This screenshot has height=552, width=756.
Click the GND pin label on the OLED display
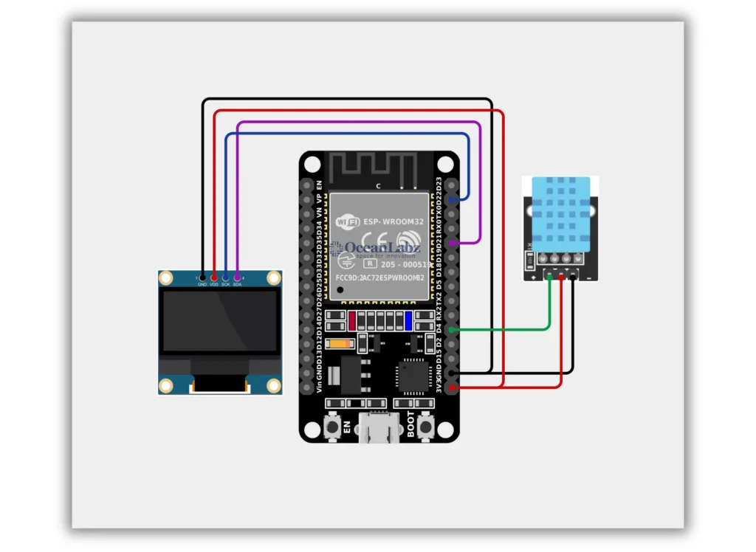(202, 284)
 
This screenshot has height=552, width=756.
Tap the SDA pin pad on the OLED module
(237, 277)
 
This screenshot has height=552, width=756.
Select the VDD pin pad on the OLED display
(214, 277)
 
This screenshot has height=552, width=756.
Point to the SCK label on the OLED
(225, 284)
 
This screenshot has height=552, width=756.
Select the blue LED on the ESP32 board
(408, 321)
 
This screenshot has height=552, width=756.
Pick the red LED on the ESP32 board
(353, 321)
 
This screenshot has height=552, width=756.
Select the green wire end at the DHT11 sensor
(549, 277)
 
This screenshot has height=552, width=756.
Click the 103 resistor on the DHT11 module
(529, 259)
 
